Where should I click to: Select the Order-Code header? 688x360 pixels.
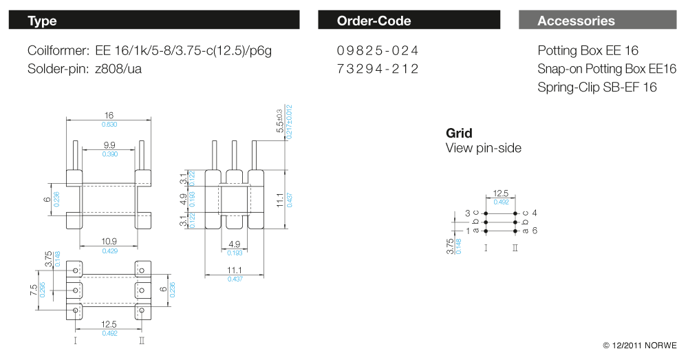pos(409,21)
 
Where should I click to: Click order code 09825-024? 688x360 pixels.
pos(378,51)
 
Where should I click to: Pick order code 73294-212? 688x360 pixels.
pos(378,69)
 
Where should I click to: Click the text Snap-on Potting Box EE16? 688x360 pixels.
pos(607,69)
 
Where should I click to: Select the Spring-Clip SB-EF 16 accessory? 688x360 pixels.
pos(597,87)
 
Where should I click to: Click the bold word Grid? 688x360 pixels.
pos(459,133)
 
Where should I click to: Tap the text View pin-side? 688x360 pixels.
pos(484,148)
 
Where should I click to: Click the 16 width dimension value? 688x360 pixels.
pos(109,116)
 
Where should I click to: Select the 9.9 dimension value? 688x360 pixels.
pos(109,146)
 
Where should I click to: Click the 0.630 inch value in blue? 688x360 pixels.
pos(109,125)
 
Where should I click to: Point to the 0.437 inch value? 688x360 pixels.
pos(235,278)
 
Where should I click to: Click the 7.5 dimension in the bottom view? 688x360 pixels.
pos(32,290)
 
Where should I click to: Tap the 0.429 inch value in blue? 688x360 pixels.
pos(109,251)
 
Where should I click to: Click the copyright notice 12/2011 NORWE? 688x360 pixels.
pos(640,345)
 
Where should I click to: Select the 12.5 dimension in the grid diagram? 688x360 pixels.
pos(501,194)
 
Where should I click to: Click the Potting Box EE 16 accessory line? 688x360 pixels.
pos(588,51)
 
